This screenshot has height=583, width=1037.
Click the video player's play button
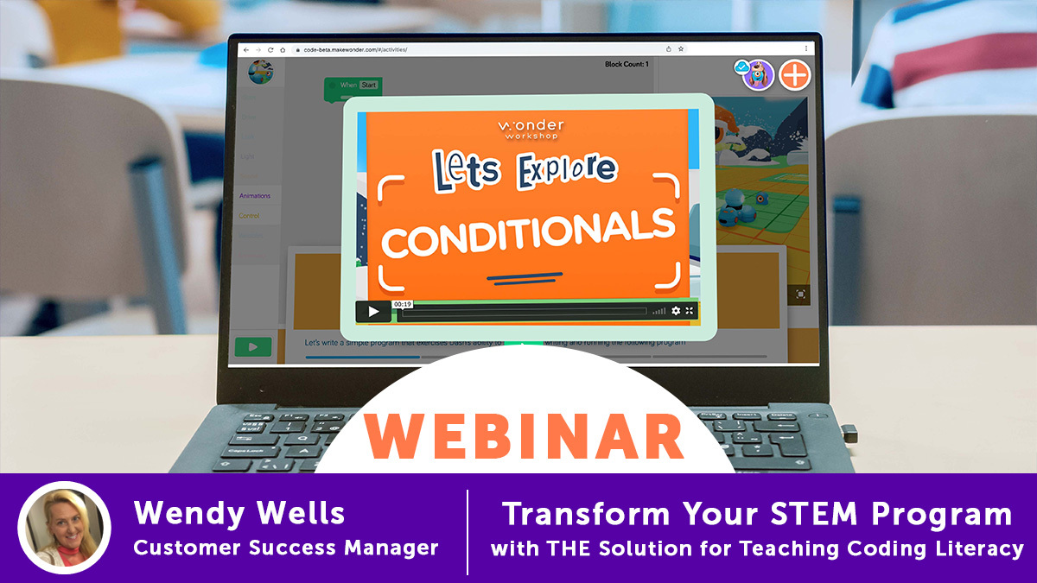[x=373, y=312]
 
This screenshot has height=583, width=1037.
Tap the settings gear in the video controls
[x=676, y=311]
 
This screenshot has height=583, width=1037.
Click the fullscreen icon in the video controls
[x=690, y=311]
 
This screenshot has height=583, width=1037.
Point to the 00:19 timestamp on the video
[x=402, y=304]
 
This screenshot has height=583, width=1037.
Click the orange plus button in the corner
[x=794, y=75]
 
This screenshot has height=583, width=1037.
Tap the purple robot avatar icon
[x=757, y=75]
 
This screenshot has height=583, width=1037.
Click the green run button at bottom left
[x=252, y=347]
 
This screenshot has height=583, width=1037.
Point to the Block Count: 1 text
[x=627, y=64]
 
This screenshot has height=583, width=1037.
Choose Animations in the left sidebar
[x=255, y=196]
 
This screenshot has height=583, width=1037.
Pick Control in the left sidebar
[x=249, y=216]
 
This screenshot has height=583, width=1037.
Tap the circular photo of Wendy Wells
[x=64, y=528]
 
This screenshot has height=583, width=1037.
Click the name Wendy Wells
[x=239, y=515]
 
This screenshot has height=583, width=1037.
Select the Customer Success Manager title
[x=285, y=548]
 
